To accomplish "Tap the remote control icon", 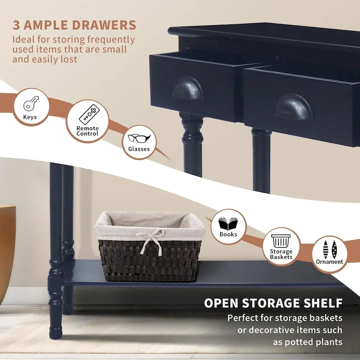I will pyautogui.click(x=88, y=114).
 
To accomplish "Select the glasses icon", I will pyautogui.click(x=139, y=138).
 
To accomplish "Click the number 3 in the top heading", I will pyautogui.click(x=17, y=25).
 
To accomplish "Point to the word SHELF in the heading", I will pyautogui.click(x=321, y=303).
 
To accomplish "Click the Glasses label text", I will pyautogui.click(x=139, y=149).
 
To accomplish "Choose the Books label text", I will pyautogui.click(x=228, y=234).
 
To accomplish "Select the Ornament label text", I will pyautogui.click(x=329, y=262).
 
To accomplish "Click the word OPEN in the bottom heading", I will pyautogui.click(x=222, y=303).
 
